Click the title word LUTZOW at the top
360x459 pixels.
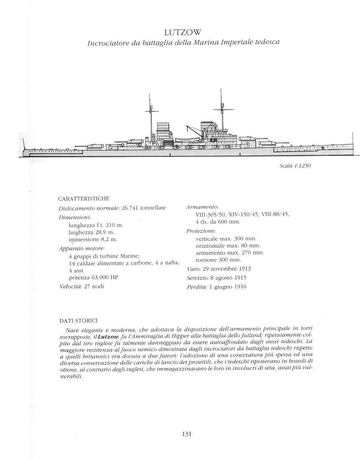[x=182, y=32]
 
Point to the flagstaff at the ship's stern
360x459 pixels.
[x=24, y=144]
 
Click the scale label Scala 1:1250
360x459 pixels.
[x=295, y=165]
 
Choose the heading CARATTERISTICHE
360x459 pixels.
[x=83, y=199]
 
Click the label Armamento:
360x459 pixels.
[x=202, y=207]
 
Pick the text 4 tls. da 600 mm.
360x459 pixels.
[x=218, y=222]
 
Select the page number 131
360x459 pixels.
[x=186, y=434]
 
